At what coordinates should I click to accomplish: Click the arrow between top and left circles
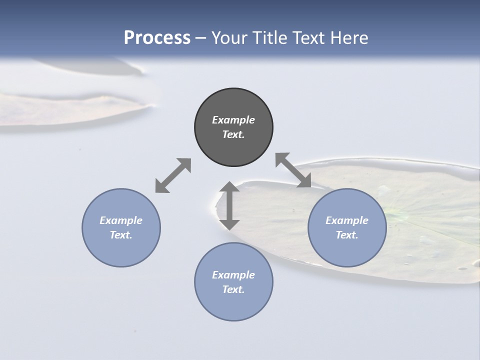173,175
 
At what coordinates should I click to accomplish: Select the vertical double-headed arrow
229,205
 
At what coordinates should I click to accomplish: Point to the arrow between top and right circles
293,170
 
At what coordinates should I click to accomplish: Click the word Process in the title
157,38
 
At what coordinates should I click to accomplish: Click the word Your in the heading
230,38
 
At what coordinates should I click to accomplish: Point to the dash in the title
200,38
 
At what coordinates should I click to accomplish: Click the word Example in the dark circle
233,120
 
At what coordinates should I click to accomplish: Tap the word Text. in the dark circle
233,134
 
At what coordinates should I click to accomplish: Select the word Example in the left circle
121,220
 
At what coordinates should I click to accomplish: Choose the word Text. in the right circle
347,235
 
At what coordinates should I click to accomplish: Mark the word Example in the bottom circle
233,275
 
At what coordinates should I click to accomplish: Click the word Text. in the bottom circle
233,289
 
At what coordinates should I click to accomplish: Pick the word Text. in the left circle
121,235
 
